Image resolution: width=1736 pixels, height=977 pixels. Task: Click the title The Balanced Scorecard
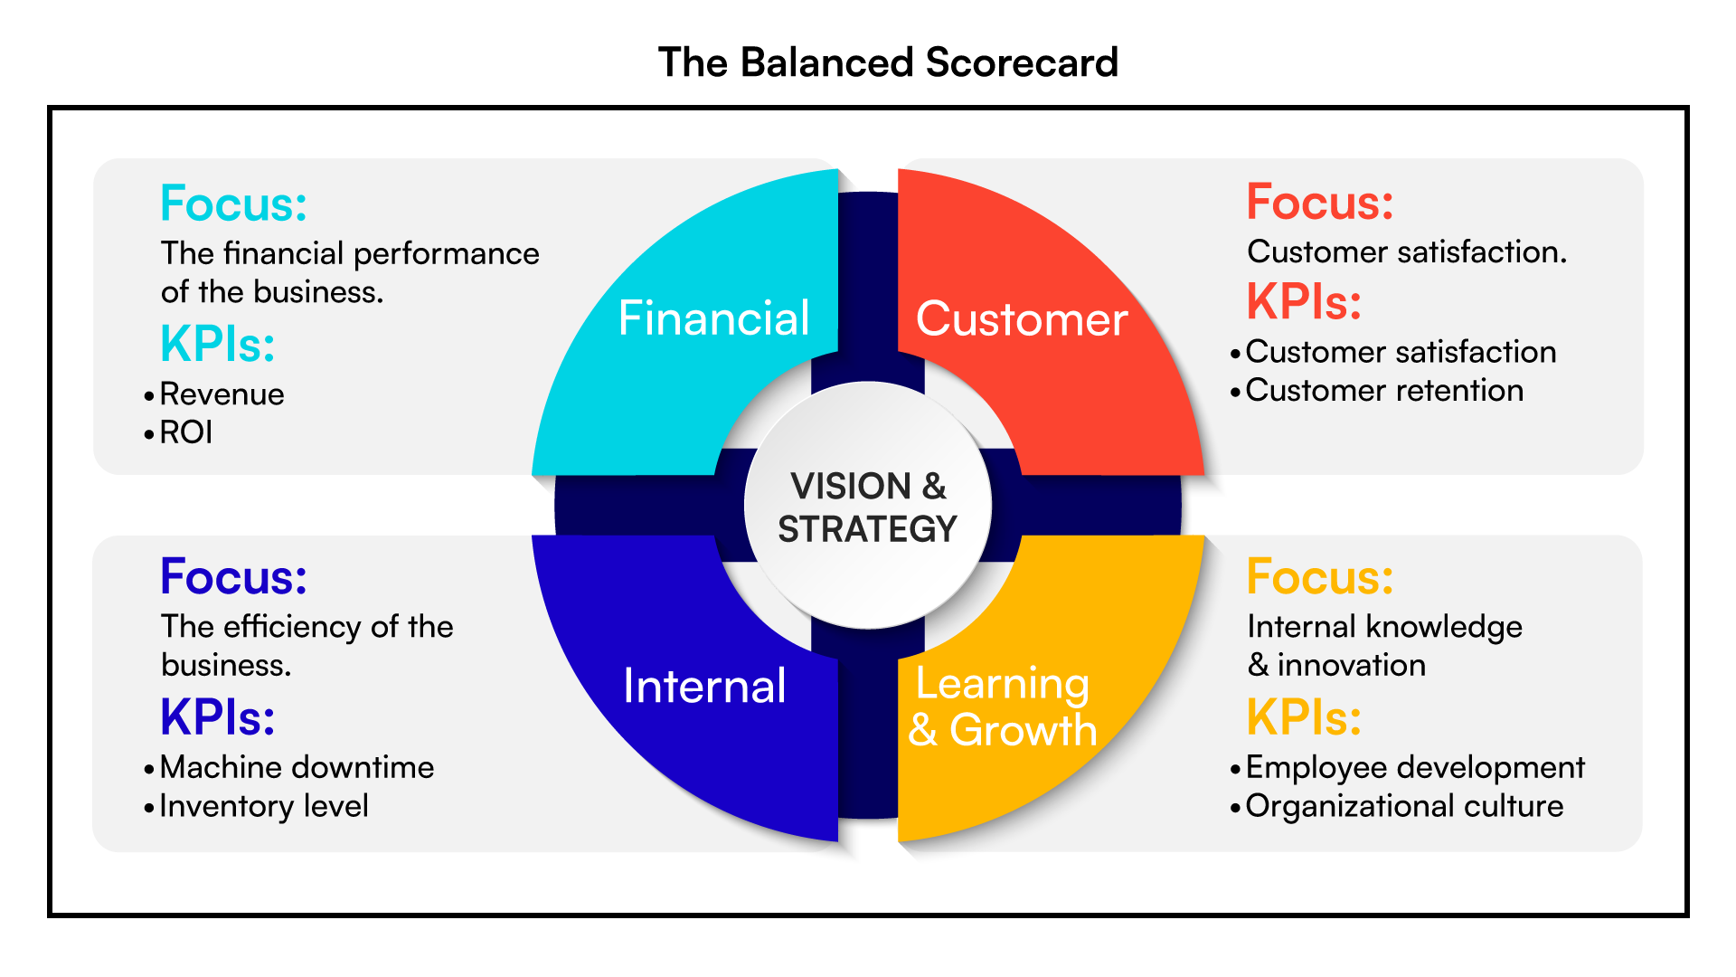click(888, 63)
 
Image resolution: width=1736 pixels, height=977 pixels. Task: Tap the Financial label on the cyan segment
click(713, 318)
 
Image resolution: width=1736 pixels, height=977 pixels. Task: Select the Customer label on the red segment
click(1022, 319)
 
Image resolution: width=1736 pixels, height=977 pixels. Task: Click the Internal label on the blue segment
click(704, 686)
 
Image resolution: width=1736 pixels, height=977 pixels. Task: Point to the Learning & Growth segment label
click(1002, 707)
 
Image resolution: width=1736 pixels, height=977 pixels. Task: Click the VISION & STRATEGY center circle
click(867, 507)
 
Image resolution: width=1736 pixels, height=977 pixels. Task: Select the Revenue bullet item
click(222, 394)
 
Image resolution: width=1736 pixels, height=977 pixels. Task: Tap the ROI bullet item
click(186, 432)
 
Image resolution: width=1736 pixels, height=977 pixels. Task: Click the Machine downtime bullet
click(297, 767)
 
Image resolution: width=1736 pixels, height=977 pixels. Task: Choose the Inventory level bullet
click(264, 806)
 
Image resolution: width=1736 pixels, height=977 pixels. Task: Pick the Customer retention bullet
click(1384, 391)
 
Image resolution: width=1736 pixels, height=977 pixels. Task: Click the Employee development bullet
click(1415, 767)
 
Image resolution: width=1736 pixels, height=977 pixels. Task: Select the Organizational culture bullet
click(1404, 806)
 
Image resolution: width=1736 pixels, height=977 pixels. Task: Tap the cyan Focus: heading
click(233, 203)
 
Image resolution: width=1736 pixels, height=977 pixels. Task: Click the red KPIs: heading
click(1304, 302)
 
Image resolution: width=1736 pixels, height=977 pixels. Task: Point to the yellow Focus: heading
click(1319, 576)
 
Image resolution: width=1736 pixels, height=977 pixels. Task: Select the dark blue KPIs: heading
click(217, 717)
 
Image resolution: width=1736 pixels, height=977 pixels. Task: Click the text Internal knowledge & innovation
click(1383, 645)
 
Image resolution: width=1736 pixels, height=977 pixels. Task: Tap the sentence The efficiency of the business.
click(306, 645)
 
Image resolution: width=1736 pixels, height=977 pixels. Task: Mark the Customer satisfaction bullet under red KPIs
click(1401, 352)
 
